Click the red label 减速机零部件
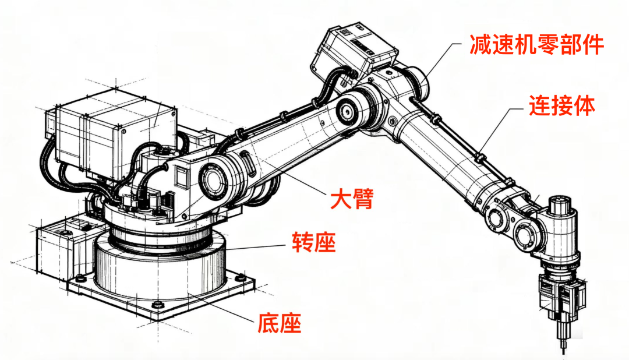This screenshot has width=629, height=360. tap(537, 44)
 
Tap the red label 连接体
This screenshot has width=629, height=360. tap(561, 105)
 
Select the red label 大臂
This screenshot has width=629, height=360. tap(352, 198)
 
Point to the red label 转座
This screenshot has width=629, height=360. tap(314, 242)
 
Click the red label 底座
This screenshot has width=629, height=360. tap(279, 323)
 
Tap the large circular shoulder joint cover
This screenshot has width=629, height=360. tap(212, 179)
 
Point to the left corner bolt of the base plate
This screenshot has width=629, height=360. tap(80, 277)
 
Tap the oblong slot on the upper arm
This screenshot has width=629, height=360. tap(248, 164)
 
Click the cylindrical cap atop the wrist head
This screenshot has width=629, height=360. tap(560, 204)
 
